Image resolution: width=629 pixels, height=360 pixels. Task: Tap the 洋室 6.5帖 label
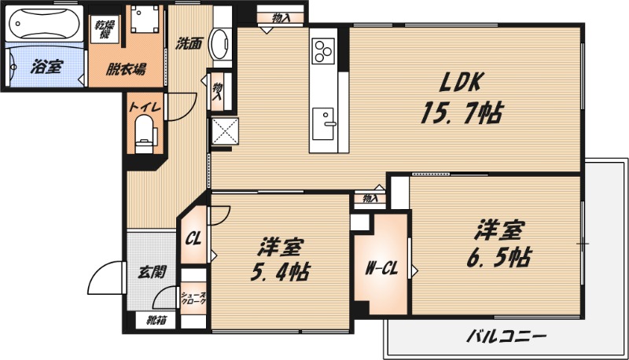tap(498, 244)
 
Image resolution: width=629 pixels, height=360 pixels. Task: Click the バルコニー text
tap(506, 337)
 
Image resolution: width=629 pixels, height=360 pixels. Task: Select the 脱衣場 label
tap(126, 68)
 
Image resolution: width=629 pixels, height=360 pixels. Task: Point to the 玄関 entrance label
tap(151, 273)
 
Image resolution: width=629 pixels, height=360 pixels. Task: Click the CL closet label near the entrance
tap(193, 235)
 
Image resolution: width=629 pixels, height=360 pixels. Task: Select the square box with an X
tap(223, 130)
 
